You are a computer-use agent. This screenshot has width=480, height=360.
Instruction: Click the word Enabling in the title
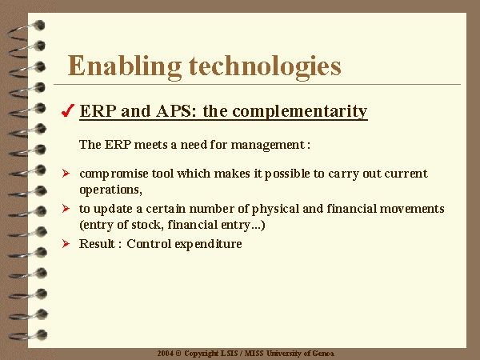(124, 66)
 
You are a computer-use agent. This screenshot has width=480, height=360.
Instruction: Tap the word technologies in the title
(265, 66)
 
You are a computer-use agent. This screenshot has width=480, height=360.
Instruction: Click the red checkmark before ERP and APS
(68, 110)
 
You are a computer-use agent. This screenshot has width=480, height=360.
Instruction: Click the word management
(268, 145)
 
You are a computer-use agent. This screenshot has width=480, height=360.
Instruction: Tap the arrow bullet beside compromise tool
(66, 174)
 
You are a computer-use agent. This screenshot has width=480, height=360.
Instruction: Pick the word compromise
(114, 174)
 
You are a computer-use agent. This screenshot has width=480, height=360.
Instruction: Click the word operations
(111, 190)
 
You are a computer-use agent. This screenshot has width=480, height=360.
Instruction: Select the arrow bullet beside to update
(66, 209)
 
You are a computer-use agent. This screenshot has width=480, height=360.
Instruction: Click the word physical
(275, 210)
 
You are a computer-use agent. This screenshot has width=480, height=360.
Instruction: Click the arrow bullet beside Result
(66, 244)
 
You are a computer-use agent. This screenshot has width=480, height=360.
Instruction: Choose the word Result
(98, 244)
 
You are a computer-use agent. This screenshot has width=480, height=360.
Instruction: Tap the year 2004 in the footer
(166, 354)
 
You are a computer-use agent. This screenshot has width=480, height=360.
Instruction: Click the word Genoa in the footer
(323, 354)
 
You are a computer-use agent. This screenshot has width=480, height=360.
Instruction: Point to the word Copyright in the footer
(201, 354)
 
